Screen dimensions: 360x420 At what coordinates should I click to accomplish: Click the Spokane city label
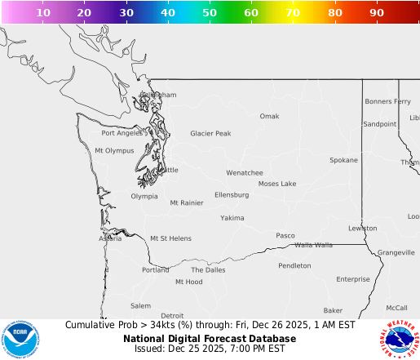coord(343,160)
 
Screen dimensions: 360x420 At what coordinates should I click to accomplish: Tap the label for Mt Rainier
coord(186,202)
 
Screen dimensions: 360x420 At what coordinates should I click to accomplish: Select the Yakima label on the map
coord(232,218)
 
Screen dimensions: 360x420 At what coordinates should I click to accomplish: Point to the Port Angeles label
coord(122,133)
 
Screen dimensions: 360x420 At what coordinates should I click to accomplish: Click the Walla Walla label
coord(313,245)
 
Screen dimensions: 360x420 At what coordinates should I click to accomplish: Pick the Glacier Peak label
coord(210,133)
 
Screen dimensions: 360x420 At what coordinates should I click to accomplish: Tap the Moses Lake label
coord(277,184)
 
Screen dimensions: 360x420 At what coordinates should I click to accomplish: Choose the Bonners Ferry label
coord(387,102)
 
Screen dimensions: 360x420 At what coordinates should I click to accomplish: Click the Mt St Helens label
coord(170,238)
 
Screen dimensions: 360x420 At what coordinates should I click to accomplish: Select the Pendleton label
coord(294,265)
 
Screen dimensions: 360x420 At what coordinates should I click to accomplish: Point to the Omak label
coord(269,116)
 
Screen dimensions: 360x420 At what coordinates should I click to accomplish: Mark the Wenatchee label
coord(245,173)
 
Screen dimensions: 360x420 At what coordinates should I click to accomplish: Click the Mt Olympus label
coord(114,150)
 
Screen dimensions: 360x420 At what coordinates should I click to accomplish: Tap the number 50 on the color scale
coord(210,13)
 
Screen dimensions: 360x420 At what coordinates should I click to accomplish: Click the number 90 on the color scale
coord(377,13)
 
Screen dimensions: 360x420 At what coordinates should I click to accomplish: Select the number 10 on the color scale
coord(43,13)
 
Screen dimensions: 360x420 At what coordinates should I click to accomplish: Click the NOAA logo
coord(20,337)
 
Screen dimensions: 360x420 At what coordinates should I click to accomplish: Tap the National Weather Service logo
coord(399,337)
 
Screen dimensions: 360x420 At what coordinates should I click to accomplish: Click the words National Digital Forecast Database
coord(210,338)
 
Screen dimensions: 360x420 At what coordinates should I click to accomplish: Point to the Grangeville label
coord(396,252)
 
